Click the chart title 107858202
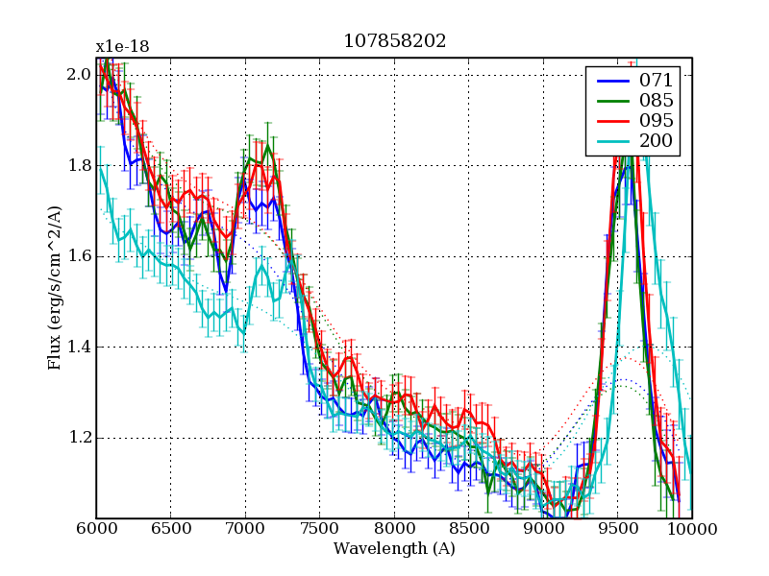point(394,41)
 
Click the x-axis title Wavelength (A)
point(394,549)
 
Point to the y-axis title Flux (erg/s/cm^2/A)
point(56,288)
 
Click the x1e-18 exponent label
point(122,47)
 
